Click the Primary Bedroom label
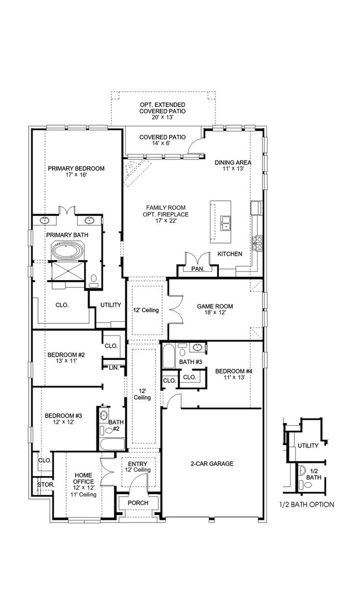click(76, 172)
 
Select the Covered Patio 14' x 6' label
click(163, 140)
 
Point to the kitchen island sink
click(226, 223)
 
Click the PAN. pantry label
click(198, 269)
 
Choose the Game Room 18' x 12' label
click(215, 310)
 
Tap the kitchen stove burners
click(258, 243)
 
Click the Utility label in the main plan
click(111, 305)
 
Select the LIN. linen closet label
click(114, 368)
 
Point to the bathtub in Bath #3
click(169, 355)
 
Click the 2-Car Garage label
click(212, 463)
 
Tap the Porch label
click(138, 503)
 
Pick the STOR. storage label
click(46, 484)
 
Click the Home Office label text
click(84, 478)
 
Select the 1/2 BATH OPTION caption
click(307, 504)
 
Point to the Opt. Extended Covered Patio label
click(163, 111)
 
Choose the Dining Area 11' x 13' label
click(233, 166)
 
